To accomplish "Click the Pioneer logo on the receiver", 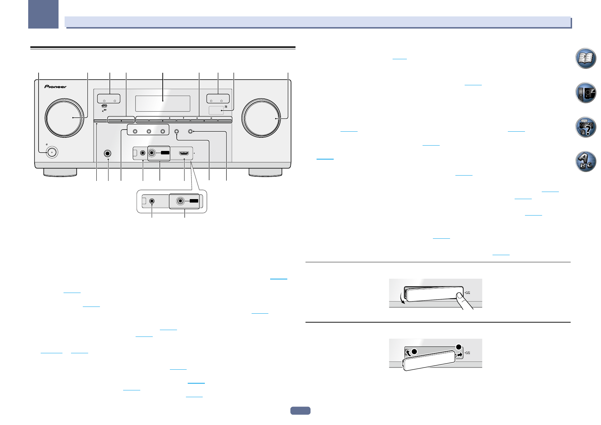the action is pos(55,86).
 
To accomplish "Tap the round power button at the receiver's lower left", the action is pos(52,152).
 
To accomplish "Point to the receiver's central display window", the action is pos(162,103).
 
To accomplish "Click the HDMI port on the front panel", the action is pos(184,153).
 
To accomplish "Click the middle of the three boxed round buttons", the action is pos(149,132).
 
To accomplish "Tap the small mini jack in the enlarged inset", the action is pos(152,201).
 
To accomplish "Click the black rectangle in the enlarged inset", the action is pos(193,201).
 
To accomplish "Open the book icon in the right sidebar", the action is pos(586,58).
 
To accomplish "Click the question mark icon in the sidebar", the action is pos(586,127).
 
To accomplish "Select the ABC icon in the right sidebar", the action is pos(586,162).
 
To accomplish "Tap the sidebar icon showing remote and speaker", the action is pos(586,93).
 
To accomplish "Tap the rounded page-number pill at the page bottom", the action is pos(300,411).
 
